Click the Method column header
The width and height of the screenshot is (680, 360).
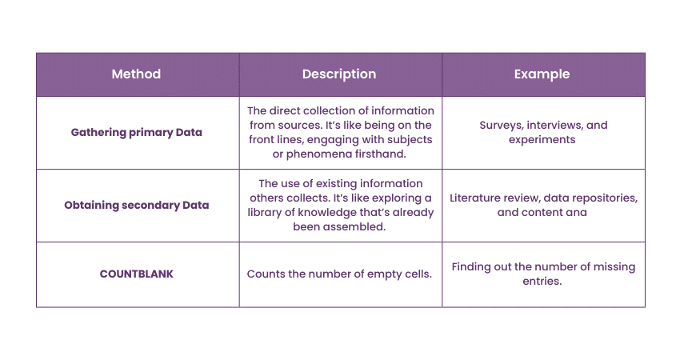(136, 74)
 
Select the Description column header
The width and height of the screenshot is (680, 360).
(339, 74)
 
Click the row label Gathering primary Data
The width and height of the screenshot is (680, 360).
(138, 133)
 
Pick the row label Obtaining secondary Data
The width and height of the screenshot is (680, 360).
(137, 205)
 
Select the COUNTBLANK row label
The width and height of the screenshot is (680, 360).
(137, 274)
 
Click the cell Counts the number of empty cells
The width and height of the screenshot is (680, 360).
(339, 274)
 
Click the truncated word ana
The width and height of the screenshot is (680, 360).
(576, 213)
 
